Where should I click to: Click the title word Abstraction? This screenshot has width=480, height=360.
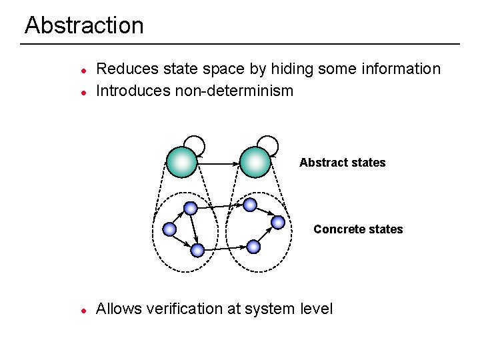pyautogui.click(x=84, y=25)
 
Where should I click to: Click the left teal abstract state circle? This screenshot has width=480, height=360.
pyautogui.click(x=181, y=162)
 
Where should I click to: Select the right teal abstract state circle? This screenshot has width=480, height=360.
pyautogui.click(x=255, y=162)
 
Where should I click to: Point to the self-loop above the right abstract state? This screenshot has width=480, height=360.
pyautogui.click(x=268, y=143)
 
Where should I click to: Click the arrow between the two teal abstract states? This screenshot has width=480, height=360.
pyautogui.click(x=218, y=163)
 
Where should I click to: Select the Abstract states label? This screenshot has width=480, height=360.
pyautogui.click(x=342, y=163)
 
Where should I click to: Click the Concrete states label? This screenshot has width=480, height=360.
pyautogui.click(x=358, y=229)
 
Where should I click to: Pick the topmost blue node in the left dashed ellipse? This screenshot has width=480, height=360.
pyautogui.click(x=191, y=208)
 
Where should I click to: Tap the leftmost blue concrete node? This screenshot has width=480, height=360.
pyautogui.click(x=169, y=229)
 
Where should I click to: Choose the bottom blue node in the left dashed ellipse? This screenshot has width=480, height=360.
pyautogui.click(x=197, y=250)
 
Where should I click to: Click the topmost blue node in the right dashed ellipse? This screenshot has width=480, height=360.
pyautogui.click(x=249, y=204)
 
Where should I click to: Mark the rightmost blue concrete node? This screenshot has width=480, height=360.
pyautogui.click(x=278, y=222)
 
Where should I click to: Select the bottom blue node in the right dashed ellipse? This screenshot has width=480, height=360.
pyautogui.click(x=253, y=247)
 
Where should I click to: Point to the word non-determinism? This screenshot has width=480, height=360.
pyautogui.click(x=234, y=91)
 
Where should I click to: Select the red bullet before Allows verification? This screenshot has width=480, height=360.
pyautogui.click(x=82, y=311)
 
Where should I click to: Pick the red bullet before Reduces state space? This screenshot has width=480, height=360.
pyautogui.click(x=82, y=70)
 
